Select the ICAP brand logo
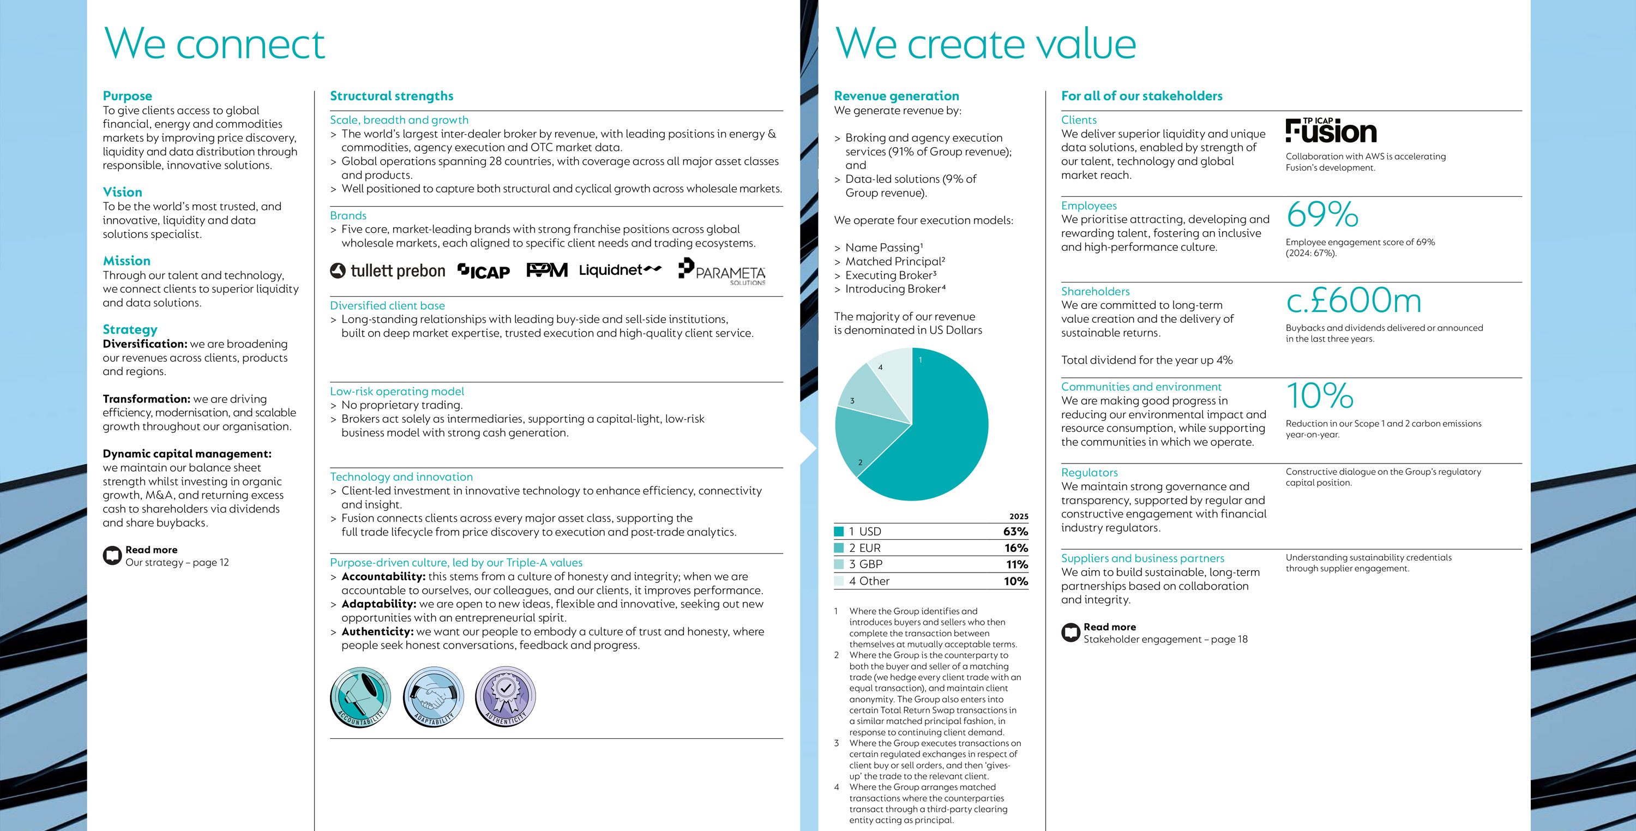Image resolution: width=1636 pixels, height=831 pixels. coord(484,271)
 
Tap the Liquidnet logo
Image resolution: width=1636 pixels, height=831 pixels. coord(620,270)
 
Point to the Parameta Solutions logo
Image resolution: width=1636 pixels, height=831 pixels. coord(721,272)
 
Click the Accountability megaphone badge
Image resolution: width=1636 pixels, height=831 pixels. coord(360,696)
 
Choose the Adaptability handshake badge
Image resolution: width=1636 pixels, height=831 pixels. coord(433,696)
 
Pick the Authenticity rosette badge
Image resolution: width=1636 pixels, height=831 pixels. coord(506,696)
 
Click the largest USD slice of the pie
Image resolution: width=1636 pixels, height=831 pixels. coord(940,432)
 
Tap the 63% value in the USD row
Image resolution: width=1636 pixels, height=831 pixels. coord(1015,531)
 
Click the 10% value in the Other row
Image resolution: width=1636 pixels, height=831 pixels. coord(1015,581)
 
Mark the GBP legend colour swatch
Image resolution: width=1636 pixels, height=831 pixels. coord(839,564)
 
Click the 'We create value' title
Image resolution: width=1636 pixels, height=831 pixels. coord(985,44)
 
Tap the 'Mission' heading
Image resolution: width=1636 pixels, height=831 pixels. coord(127,261)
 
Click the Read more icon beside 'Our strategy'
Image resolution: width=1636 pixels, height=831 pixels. coord(112,556)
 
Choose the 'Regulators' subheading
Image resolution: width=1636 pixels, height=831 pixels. coord(1089,472)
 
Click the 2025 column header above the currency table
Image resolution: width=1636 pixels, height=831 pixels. coord(1018,516)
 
